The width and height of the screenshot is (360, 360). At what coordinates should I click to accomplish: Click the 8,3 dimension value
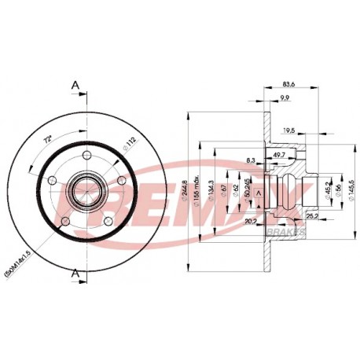(x=251, y=160)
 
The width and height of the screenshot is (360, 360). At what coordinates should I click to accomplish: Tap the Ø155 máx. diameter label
(x=200, y=189)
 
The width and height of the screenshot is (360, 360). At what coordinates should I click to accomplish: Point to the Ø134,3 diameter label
(x=212, y=189)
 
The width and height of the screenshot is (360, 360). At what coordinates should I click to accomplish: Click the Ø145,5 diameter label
(x=351, y=189)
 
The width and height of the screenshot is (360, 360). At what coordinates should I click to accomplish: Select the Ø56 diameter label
(x=339, y=189)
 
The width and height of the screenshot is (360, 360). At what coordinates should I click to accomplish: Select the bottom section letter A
(x=75, y=272)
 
